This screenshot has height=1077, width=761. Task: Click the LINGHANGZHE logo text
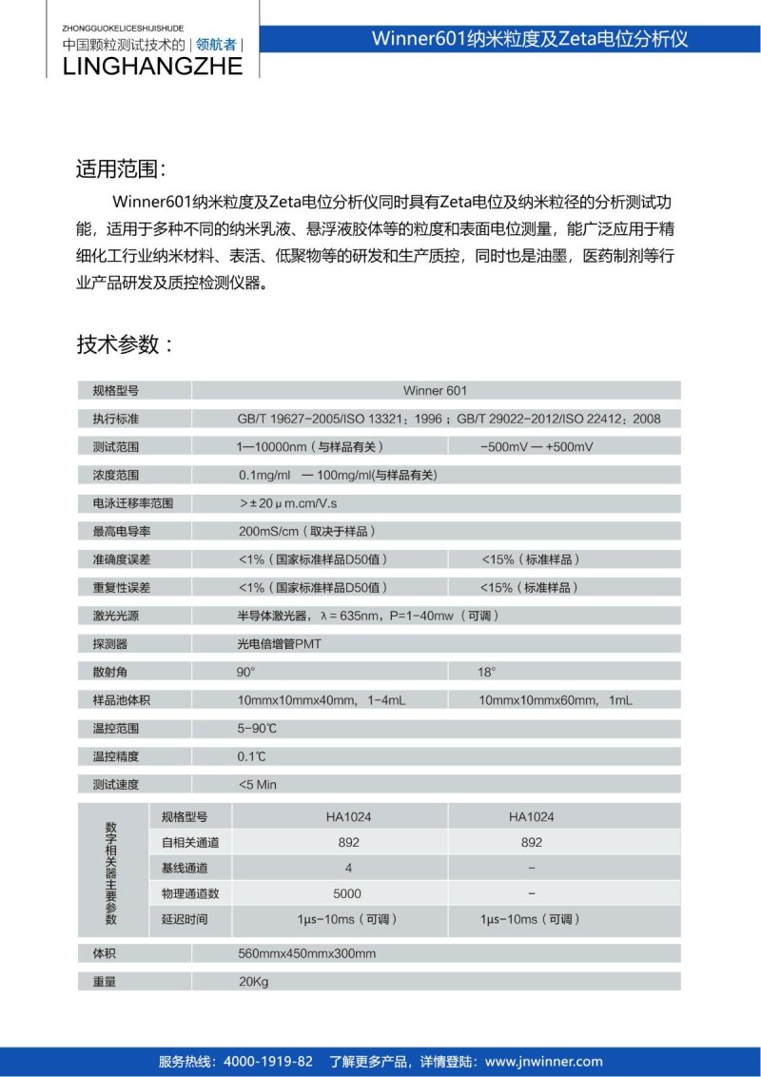click(x=152, y=65)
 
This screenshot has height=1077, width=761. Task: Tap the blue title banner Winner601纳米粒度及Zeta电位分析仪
click(x=530, y=39)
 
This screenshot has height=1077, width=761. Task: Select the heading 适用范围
click(x=121, y=169)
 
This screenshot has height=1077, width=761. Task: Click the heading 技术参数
click(x=124, y=343)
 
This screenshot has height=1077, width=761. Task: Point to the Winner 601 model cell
click(x=435, y=390)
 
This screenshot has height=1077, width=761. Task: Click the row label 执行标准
click(x=115, y=419)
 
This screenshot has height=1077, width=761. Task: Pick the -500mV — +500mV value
click(x=537, y=446)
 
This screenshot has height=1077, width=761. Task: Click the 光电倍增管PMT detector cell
click(x=280, y=644)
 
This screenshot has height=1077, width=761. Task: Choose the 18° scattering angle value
click(x=486, y=672)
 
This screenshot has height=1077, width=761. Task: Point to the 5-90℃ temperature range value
click(x=259, y=729)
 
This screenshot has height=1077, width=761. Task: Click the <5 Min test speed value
click(x=258, y=785)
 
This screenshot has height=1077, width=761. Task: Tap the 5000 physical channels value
click(x=347, y=893)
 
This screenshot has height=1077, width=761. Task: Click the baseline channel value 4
click(x=348, y=868)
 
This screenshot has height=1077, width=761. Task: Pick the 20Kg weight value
click(x=254, y=982)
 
